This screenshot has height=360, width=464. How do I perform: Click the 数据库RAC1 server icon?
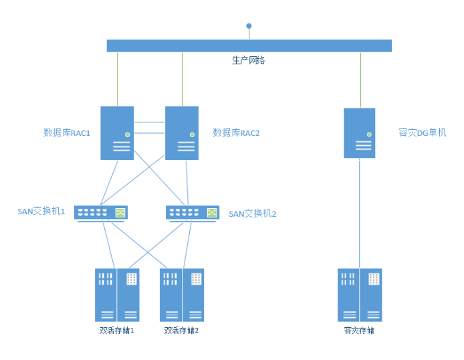pyautogui.click(x=117, y=133)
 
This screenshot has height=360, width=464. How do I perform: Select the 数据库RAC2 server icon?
pyautogui.click(x=182, y=133)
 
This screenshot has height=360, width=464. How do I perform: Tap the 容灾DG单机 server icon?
pyautogui.click(x=360, y=133)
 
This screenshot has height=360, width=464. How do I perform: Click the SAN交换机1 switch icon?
pyautogui.click(x=100, y=213)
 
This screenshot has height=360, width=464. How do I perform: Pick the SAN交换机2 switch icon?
pyautogui.click(x=192, y=213)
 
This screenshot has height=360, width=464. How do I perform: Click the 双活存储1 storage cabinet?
pyautogui.click(x=117, y=295)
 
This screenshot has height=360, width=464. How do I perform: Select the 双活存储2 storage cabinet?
pyautogui.click(x=182, y=295)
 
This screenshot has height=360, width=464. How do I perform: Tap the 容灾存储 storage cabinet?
pyautogui.click(x=360, y=295)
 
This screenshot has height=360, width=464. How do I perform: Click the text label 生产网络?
pyautogui.click(x=249, y=60)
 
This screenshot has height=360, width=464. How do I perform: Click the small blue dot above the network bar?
pyautogui.click(x=249, y=26)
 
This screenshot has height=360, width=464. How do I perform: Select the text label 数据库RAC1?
pyautogui.click(x=67, y=133)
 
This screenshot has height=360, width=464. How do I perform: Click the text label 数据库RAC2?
pyautogui.click(x=236, y=133)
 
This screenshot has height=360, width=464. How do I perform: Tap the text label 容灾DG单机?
pyautogui.click(x=422, y=133)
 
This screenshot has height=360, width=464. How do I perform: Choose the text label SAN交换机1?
pyautogui.click(x=41, y=212)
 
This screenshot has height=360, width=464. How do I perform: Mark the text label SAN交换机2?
pyautogui.click(x=253, y=214)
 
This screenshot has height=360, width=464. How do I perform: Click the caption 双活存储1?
pyautogui.click(x=117, y=331)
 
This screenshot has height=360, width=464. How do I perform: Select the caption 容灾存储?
pyautogui.click(x=360, y=331)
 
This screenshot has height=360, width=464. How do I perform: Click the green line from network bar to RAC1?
pyautogui.click(x=117, y=79)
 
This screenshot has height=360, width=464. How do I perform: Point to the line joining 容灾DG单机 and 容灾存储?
pyautogui.click(x=360, y=214)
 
